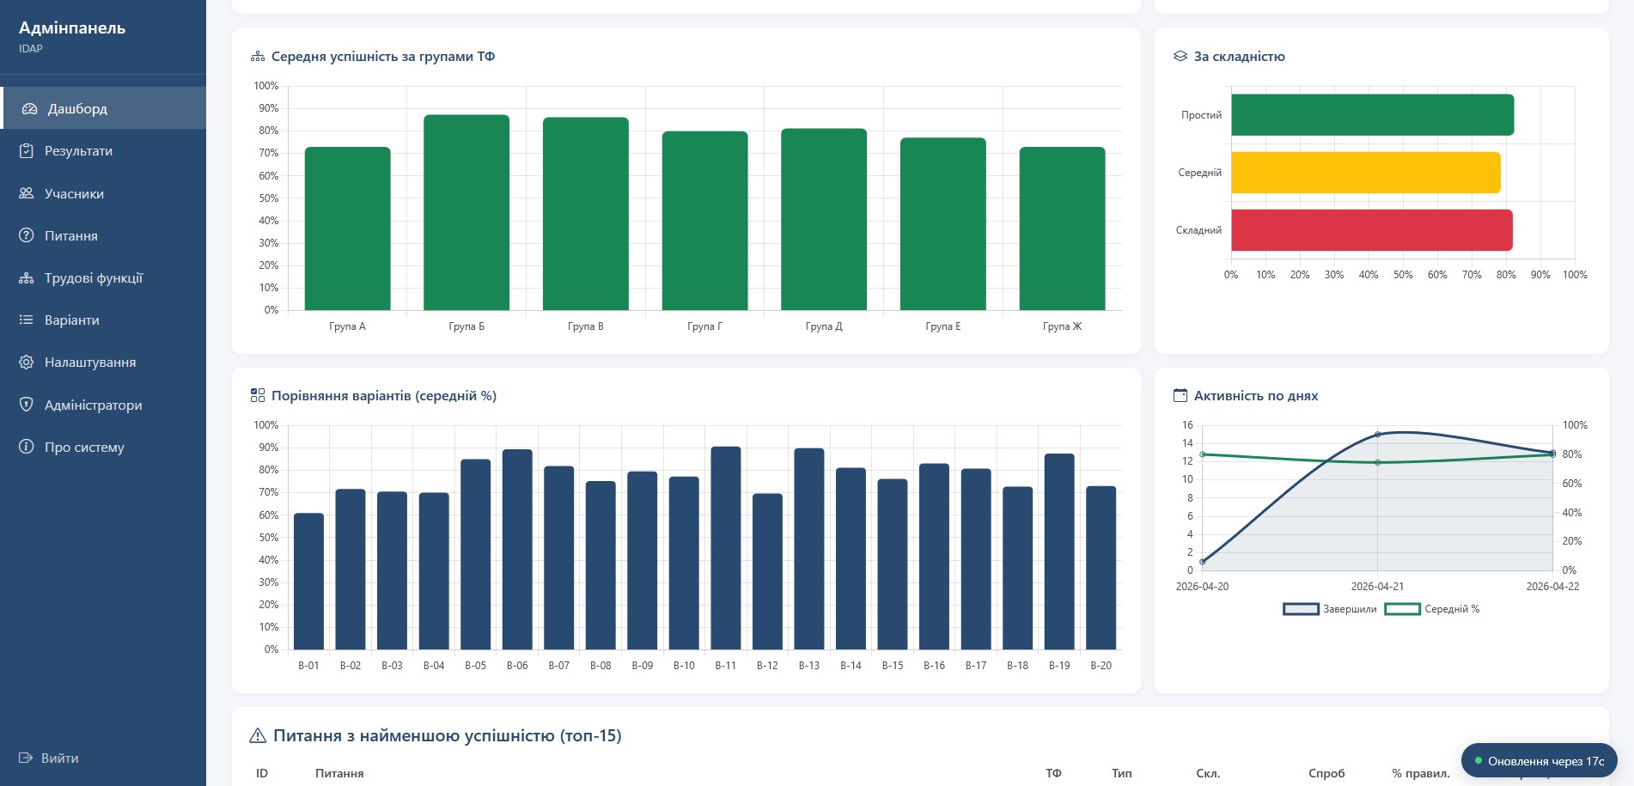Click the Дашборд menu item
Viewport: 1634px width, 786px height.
pos(103,108)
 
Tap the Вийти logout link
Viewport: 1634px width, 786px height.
pos(49,758)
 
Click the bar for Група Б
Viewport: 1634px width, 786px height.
pos(466,212)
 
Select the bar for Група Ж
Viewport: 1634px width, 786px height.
pos(1062,228)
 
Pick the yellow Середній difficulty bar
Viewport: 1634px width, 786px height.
pos(1366,173)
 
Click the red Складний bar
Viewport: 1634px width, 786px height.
pos(1372,230)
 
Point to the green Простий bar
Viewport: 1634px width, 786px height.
pos(1373,115)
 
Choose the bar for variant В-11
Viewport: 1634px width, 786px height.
pos(726,548)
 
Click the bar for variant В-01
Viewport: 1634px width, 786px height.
pos(308,582)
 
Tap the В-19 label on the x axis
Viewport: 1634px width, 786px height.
pos(1059,666)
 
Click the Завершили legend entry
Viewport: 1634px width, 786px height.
pos(1330,609)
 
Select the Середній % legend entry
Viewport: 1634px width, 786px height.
pos(1432,609)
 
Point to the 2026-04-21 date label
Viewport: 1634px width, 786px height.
pos(1377,587)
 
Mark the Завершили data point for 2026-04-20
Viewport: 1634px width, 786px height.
pos(1203,562)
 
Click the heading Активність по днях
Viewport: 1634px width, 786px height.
pos(1256,396)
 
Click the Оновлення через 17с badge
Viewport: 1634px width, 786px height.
pos(1539,761)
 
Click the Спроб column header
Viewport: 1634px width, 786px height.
pos(1326,773)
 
